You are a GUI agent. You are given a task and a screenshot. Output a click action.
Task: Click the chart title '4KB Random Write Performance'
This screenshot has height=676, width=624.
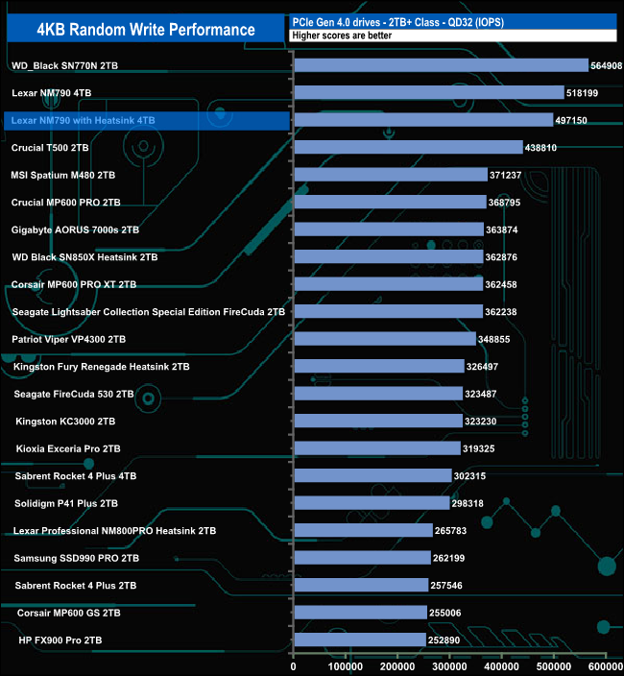[x=146, y=30]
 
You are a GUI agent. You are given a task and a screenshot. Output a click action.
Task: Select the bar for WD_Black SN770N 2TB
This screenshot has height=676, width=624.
[x=441, y=65]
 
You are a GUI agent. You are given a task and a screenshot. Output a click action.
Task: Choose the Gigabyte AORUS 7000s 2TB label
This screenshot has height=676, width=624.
[x=75, y=230]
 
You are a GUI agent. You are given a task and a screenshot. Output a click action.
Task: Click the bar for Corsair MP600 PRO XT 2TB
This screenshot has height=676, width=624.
[x=388, y=284]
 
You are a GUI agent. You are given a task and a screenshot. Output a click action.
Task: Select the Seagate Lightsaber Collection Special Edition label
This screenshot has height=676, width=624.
[x=149, y=312]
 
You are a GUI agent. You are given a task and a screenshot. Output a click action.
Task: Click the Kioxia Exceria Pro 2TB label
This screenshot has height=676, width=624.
[x=68, y=448]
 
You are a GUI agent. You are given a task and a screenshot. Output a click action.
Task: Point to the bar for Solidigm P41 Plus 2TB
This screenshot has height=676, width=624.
[x=371, y=503]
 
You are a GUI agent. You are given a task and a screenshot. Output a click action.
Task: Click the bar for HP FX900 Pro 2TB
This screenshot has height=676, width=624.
[x=359, y=640]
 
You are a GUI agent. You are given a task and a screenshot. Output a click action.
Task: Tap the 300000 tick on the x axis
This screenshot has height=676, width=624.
[x=449, y=665]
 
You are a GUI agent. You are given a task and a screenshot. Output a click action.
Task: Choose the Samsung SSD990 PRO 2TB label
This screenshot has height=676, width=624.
[x=77, y=558]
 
